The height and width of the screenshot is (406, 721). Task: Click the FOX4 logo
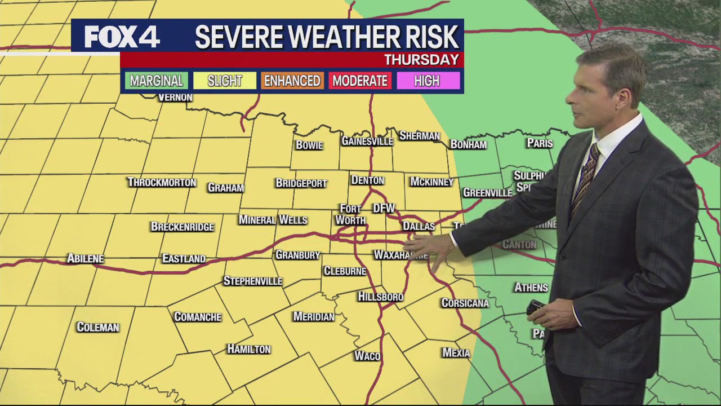pos(122,37)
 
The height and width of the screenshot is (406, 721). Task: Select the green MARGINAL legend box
pos(157,81)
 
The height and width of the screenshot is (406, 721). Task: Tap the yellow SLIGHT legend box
pos(225,81)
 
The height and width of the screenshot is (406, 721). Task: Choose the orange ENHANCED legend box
pos(292,81)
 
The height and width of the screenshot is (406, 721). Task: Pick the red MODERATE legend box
pos(360,81)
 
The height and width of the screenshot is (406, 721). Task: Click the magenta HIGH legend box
pos(427,81)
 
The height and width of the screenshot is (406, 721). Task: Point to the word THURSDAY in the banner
pos(421,60)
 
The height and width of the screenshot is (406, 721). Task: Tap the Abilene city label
pos(86,258)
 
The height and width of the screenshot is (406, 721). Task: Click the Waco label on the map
pos(367,356)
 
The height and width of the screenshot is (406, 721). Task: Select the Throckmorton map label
pos(162,182)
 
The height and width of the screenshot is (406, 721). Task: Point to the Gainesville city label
pos(367,141)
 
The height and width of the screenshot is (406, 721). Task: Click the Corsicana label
pos(465,303)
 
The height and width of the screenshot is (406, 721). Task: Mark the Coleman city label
pos(98,327)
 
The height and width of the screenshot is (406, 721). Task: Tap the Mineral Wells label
pos(273,220)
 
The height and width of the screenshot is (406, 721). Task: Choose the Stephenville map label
pos(252,281)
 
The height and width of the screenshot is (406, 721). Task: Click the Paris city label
pos(540,143)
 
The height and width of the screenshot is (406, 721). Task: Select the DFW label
pos(384,208)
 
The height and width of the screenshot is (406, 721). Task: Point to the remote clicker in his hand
pos(535,307)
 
